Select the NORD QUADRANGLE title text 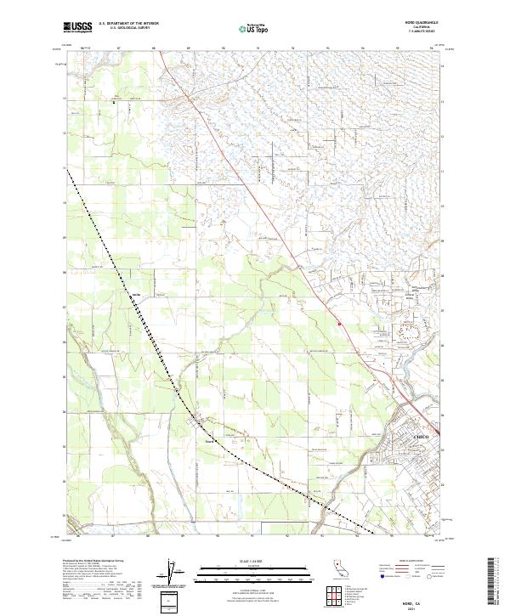click(x=414, y=22)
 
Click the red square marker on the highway click(x=339, y=324)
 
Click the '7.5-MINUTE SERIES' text click(x=414, y=32)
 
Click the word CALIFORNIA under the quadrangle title click(x=414, y=27)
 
